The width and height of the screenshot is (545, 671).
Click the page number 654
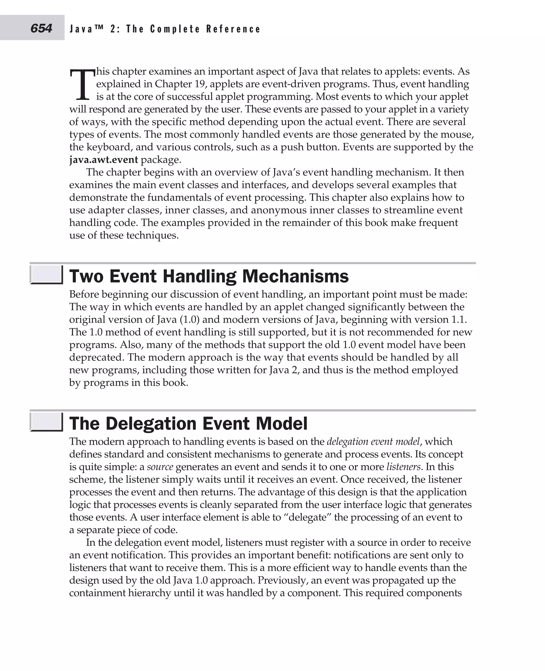pyautogui.click(x=41, y=28)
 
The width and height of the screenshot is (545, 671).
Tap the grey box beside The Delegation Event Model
pyautogui.click(x=46, y=422)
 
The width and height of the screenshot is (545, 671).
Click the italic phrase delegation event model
pyautogui.click(x=373, y=442)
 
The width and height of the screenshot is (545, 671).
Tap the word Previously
pyautogui.click(x=281, y=580)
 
